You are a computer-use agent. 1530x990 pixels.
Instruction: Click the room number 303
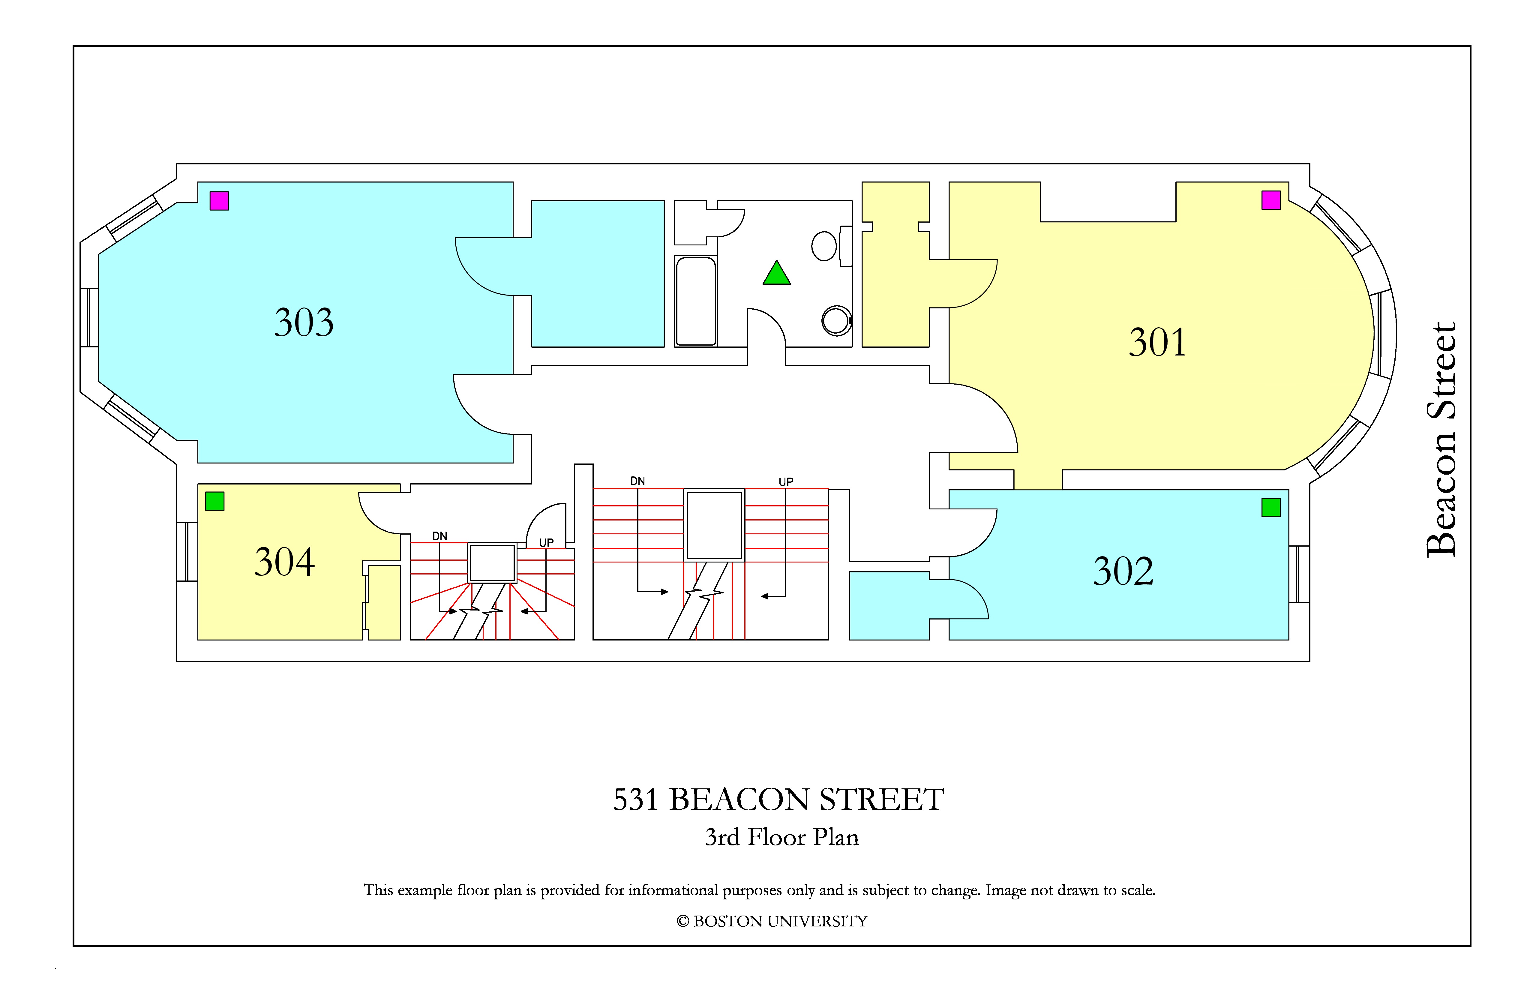304,322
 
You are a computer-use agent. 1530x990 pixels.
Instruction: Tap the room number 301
1157,342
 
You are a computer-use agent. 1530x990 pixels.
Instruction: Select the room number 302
1123,571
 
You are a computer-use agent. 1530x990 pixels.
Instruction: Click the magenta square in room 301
1271,200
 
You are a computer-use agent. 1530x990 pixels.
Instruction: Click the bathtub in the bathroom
696,301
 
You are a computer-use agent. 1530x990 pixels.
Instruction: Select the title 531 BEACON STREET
778,800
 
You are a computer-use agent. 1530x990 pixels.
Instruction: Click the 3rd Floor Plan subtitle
782,837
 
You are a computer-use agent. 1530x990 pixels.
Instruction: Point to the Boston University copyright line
772,921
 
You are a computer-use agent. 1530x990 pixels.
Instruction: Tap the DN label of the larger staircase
638,481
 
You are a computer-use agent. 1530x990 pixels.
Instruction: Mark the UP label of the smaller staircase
546,543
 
